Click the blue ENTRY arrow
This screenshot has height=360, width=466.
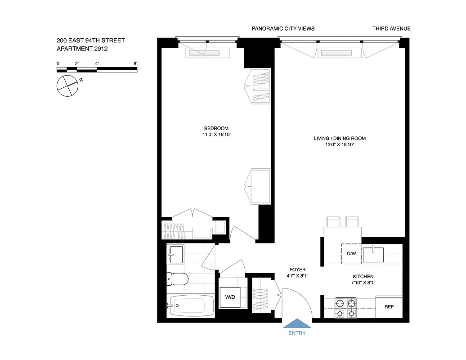tap(296, 324)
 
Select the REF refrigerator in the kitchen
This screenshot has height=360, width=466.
tap(389, 307)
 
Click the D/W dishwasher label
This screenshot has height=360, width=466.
tap(351, 254)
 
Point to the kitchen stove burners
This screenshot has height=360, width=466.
tap(345, 308)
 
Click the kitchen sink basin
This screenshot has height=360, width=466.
tap(373, 254)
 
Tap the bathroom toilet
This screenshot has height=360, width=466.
tap(176, 279)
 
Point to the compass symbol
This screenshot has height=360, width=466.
tap(68, 85)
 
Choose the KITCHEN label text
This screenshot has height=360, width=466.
tap(363, 276)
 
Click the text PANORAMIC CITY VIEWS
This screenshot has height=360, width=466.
tap(283, 29)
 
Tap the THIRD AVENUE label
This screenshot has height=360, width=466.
tap(391, 29)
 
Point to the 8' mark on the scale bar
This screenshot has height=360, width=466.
tap(135, 64)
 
